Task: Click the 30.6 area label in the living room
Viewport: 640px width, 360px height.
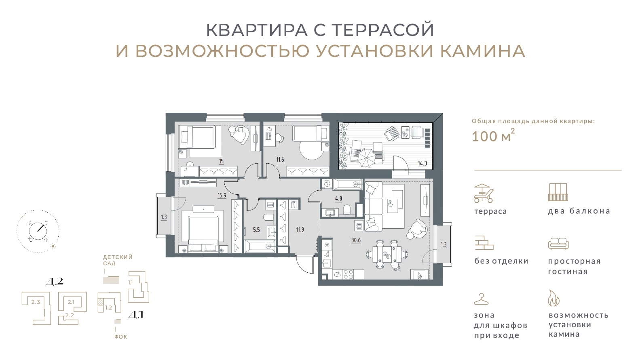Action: (356, 240)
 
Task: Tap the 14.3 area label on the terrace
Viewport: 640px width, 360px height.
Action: (422, 164)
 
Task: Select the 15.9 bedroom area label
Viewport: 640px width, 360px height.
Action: (222, 196)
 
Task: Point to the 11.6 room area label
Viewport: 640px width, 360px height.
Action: (280, 160)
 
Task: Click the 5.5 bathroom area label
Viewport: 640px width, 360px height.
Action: (257, 229)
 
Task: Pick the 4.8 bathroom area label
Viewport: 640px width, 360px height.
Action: (338, 199)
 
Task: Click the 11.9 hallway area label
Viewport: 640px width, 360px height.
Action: (300, 229)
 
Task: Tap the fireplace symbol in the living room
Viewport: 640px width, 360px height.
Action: (419, 275)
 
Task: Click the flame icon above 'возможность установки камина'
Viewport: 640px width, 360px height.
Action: (553, 298)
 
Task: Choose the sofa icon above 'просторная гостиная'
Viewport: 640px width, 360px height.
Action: (558, 244)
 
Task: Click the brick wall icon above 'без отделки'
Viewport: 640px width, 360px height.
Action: (484, 243)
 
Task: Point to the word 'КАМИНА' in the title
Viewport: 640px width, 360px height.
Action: (483, 51)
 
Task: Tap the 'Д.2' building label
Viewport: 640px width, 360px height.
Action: (54, 282)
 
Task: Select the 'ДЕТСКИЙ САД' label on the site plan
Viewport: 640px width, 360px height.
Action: (118, 260)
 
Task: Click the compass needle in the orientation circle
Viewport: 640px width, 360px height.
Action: (42, 228)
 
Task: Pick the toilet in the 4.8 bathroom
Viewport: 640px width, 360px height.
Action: (346, 210)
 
